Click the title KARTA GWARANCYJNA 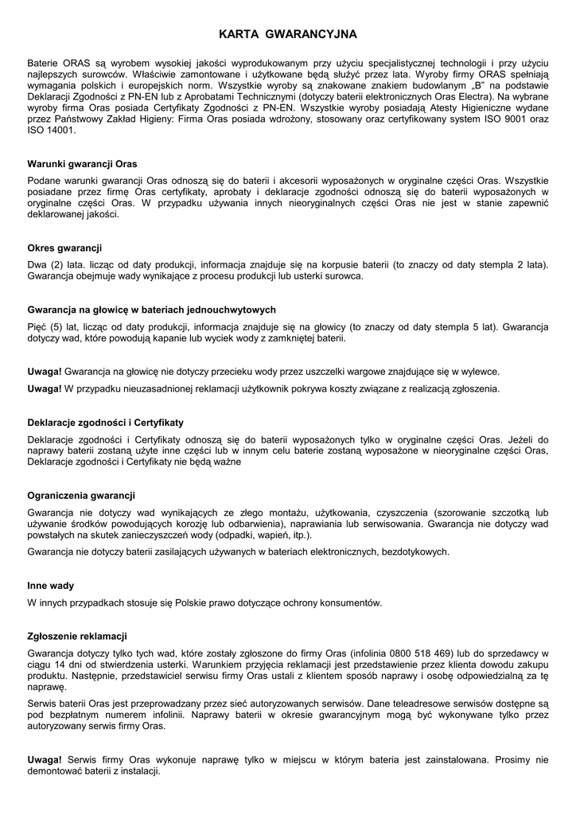(288, 34)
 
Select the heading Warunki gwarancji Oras (82, 164)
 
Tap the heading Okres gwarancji (64, 248)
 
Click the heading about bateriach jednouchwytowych (151, 310)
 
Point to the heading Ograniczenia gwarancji (81, 495)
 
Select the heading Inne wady (51, 586)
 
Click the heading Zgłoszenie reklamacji (77, 636)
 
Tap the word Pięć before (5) (37, 326)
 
